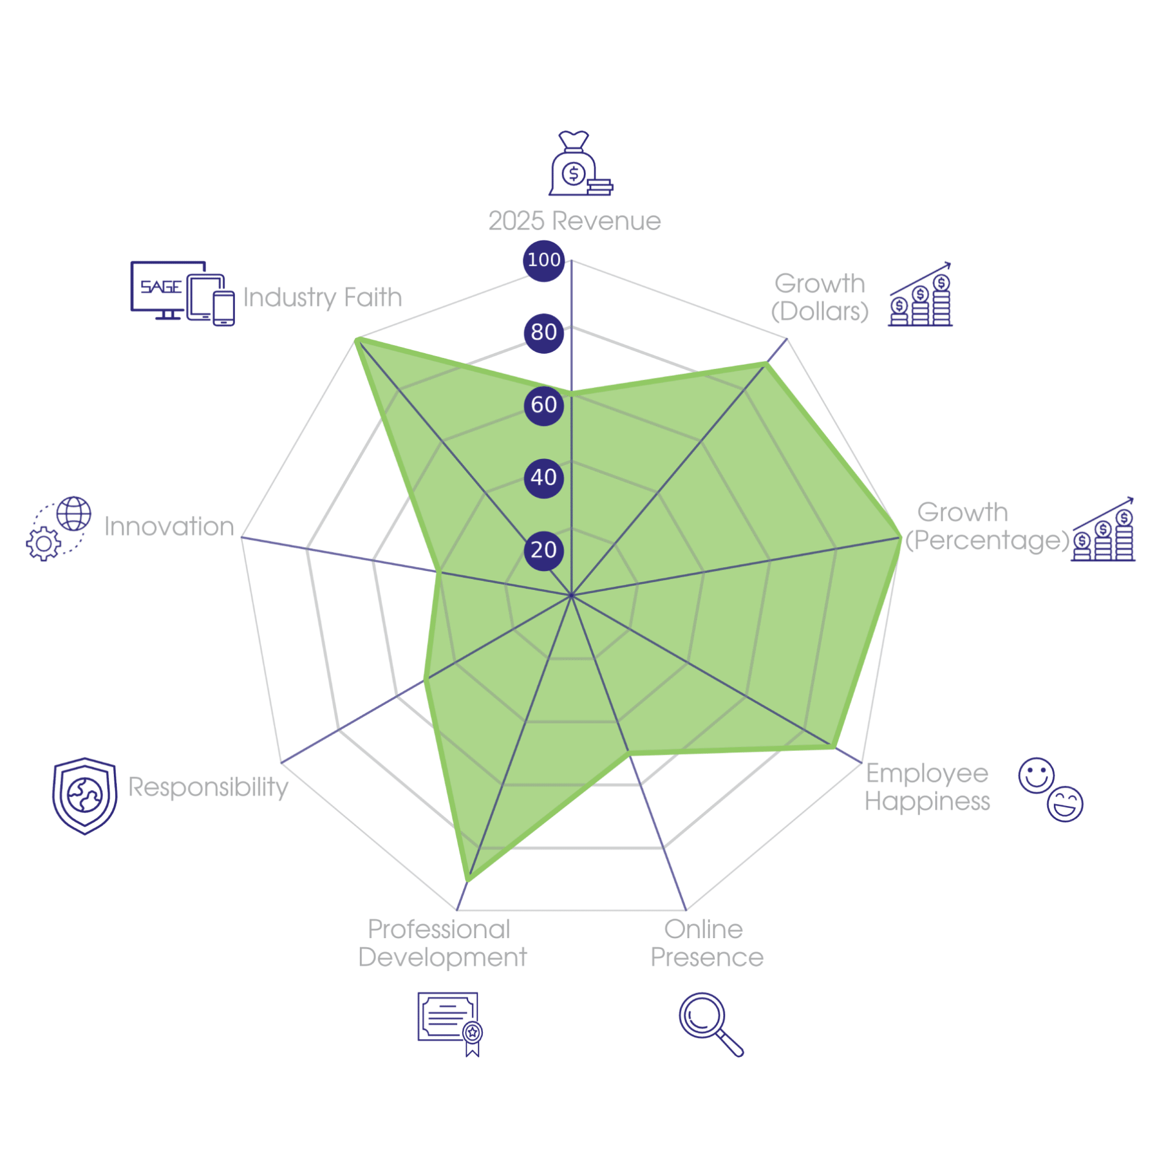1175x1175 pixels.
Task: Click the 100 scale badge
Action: pyautogui.click(x=543, y=261)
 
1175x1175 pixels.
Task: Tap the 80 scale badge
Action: pyautogui.click(x=543, y=333)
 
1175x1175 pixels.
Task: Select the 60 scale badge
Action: pyautogui.click(x=543, y=405)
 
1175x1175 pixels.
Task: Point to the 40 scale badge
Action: pyautogui.click(x=543, y=478)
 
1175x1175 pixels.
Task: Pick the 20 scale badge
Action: pyautogui.click(x=543, y=550)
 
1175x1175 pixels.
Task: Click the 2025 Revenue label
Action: pyautogui.click(x=575, y=221)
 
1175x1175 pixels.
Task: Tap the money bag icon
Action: pyautogui.click(x=580, y=163)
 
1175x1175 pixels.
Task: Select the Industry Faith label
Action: pyautogui.click(x=323, y=298)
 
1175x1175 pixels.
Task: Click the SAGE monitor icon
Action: pyautogui.click(x=182, y=293)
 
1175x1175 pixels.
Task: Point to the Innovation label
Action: pyautogui.click(x=170, y=526)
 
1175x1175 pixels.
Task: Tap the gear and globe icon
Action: pyautogui.click(x=59, y=529)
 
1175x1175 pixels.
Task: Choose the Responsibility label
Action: pyautogui.click(x=208, y=788)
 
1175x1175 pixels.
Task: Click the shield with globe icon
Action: pyautogui.click(x=84, y=796)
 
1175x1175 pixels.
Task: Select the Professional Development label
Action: pyautogui.click(x=442, y=943)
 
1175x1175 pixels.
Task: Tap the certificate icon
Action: pyautogui.click(x=450, y=1024)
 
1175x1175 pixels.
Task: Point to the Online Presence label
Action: pyautogui.click(x=707, y=943)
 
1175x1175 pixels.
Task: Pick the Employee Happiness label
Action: pyautogui.click(x=927, y=787)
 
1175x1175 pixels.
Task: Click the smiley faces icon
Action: pyautogui.click(x=1050, y=789)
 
